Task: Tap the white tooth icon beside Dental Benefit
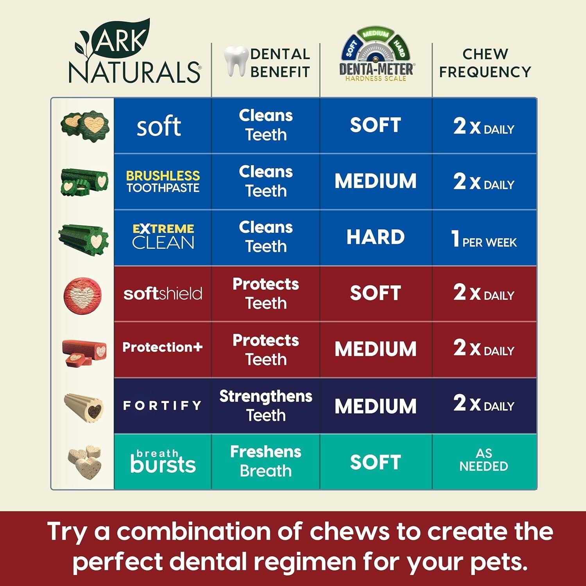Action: point(236,61)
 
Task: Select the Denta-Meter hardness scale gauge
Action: point(376,55)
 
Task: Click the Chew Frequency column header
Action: point(485,63)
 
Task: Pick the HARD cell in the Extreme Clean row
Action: point(375,237)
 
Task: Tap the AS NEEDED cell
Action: point(484,460)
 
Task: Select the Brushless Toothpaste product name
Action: point(163,182)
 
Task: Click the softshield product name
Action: point(163,294)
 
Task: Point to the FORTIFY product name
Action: point(163,406)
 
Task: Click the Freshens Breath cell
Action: point(266,461)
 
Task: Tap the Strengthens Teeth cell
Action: point(266,406)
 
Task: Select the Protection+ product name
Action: point(163,347)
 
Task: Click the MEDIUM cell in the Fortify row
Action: point(375,406)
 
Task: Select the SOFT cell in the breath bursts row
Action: point(375,462)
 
